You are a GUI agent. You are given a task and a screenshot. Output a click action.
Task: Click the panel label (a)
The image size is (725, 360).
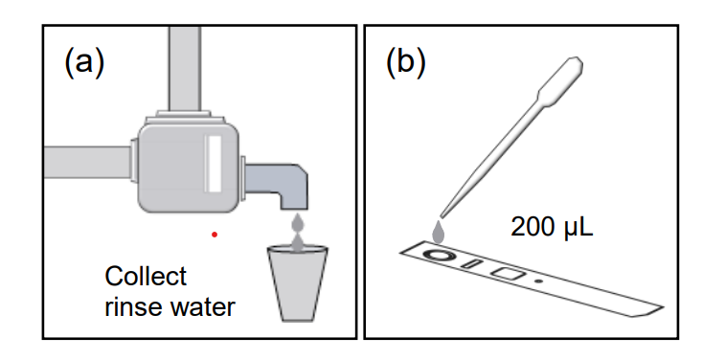point(84,63)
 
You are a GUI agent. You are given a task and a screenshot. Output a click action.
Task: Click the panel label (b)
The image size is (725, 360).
point(405,63)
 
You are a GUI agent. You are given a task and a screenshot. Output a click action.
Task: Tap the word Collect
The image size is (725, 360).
point(146,277)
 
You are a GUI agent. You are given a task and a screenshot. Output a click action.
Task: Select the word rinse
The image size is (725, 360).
point(134,306)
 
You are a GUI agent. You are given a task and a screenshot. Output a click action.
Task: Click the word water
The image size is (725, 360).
point(203,306)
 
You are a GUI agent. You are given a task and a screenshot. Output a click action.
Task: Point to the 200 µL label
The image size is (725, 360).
point(552,228)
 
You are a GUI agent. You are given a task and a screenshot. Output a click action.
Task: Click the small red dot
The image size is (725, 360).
point(215,235)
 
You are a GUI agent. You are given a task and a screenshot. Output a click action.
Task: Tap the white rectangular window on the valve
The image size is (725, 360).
point(214,164)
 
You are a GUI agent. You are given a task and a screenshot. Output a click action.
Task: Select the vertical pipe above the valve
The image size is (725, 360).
point(185,69)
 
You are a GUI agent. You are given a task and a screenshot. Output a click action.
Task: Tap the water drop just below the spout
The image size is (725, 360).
point(298,223)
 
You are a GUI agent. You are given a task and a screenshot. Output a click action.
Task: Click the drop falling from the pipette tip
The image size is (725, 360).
point(439,232)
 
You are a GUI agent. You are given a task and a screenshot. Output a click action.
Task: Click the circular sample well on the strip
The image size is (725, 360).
point(437,255)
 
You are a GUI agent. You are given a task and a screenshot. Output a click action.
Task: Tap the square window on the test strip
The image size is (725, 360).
point(508,273)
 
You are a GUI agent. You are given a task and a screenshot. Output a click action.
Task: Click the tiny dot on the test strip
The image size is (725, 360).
point(538,281)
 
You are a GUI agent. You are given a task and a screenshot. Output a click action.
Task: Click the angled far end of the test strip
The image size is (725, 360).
point(653,311)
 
